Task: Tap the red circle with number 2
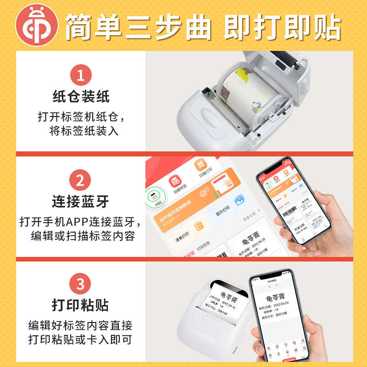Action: (80, 180)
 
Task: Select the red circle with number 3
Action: (80, 284)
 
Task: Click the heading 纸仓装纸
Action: (81, 97)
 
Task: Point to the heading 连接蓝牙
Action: (81, 202)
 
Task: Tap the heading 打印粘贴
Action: (81, 306)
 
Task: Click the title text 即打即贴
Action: (282, 26)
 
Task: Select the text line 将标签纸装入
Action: (84, 131)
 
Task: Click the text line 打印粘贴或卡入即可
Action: (80, 340)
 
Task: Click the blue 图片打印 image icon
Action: (239, 201)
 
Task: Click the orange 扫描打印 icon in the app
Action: (201, 165)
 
